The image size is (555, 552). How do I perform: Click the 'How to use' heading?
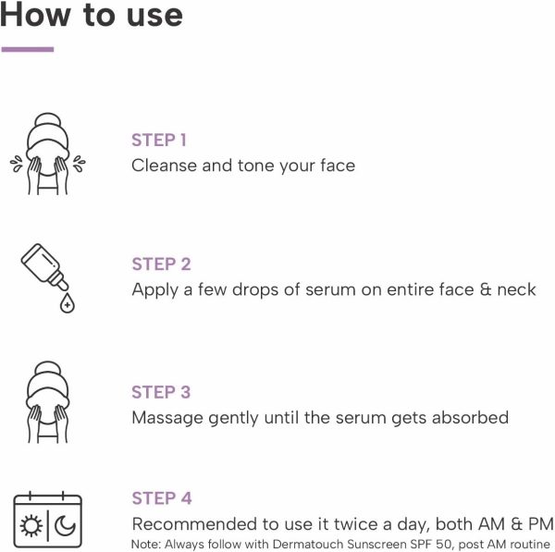(x=92, y=15)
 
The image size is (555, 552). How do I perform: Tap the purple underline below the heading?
(x=28, y=49)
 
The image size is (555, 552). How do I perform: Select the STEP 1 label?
(x=159, y=141)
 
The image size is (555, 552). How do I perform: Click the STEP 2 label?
(x=161, y=264)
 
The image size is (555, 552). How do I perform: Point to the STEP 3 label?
(x=161, y=392)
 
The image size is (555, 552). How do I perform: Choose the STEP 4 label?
(x=162, y=498)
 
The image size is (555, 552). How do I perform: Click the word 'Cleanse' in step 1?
(x=164, y=166)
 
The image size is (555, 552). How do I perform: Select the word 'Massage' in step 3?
(x=167, y=418)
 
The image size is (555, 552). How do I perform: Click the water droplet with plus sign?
(x=68, y=303)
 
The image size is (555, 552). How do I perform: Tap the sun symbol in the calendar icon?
(x=31, y=526)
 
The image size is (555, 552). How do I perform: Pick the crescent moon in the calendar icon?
(x=65, y=526)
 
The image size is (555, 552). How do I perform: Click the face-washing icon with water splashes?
(x=48, y=153)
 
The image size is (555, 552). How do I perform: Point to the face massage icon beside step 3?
(x=48, y=402)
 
